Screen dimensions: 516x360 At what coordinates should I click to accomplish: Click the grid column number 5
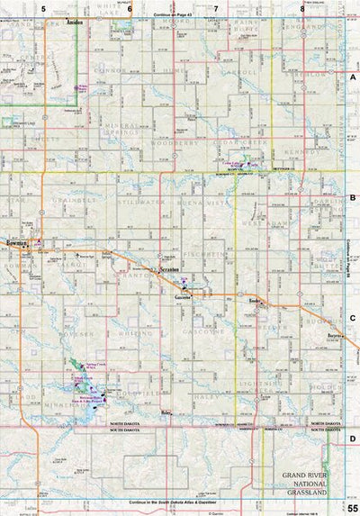pos(42,7)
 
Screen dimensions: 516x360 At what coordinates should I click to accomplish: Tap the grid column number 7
pos(216,7)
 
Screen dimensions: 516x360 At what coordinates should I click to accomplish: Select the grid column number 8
pos(302,7)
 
